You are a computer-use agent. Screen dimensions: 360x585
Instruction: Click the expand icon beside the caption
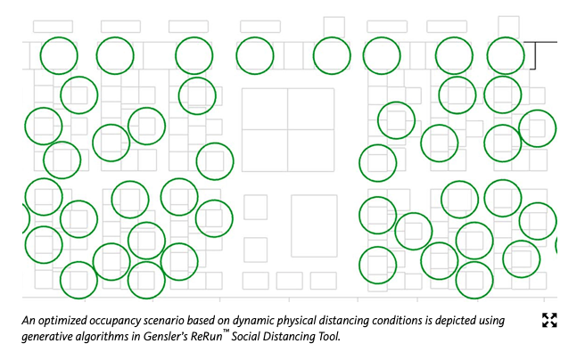[549, 321]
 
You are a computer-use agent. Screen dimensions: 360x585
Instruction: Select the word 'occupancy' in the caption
[119, 320]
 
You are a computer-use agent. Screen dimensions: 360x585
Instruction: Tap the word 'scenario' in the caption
[177, 320]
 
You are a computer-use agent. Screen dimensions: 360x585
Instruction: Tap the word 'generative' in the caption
[50, 336]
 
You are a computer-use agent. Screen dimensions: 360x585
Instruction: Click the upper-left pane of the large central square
[265, 109]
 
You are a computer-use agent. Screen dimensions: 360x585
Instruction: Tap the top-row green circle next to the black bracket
[505, 56]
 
